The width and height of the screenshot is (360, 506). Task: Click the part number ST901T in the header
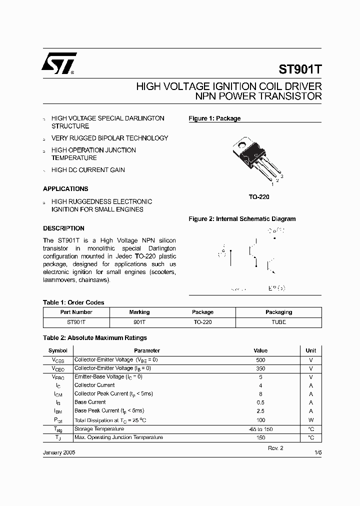[299, 68]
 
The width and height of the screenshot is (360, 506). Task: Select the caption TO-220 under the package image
[259, 197]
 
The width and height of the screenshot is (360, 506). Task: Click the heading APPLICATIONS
[65, 189]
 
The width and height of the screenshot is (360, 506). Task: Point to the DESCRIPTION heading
[63, 228]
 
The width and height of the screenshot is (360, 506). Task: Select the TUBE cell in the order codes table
[278, 322]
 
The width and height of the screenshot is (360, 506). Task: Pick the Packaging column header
[278, 312]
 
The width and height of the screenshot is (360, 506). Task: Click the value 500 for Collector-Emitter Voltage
[260, 360]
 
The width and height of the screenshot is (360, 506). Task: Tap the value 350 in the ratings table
[260, 368]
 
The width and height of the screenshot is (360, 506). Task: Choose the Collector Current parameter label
[94, 385]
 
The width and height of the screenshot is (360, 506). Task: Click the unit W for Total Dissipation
[310, 420]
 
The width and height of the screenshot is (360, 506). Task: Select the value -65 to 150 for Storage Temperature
[260, 429]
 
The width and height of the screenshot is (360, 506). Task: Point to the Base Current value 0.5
[260, 402]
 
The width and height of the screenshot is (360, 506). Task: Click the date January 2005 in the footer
[59, 451]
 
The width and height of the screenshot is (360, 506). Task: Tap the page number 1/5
[317, 452]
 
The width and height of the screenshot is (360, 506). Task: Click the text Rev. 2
[275, 448]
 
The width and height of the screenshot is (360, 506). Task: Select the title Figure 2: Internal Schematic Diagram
[241, 219]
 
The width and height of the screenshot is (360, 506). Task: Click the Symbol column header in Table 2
[57, 350]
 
